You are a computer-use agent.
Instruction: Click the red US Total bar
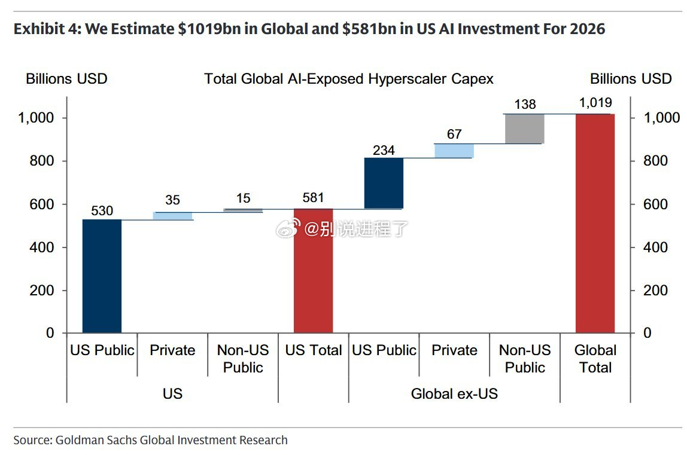click(313, 271)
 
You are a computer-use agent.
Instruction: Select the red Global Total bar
click(595, 224)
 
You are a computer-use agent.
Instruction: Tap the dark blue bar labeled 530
click(102, 276)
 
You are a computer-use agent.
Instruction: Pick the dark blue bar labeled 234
click(384, 183)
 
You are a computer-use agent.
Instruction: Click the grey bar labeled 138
click(524, 129)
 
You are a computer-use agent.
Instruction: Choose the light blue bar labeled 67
click(454, 151)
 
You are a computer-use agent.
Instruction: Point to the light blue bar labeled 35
click(172, 216)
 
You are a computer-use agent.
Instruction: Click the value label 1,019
click(595, 102)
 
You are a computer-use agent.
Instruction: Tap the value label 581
click(313, 197)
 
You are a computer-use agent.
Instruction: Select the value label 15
click(243, 198)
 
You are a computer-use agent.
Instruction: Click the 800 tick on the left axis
click(42, 161)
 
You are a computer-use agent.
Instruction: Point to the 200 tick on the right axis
click(655, 290)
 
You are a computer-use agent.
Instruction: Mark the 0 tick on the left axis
click(50, 333)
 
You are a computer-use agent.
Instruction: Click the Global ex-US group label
click(454, 393)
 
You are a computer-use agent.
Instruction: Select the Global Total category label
click(595, 359)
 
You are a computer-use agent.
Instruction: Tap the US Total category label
click(313, 350)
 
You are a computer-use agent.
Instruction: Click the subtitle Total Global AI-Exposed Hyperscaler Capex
click(349, 79)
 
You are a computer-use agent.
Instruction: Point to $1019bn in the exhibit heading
click(209, 29)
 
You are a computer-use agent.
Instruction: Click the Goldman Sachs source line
click(150, 440)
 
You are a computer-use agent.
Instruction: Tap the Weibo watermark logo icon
click(288, 228)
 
